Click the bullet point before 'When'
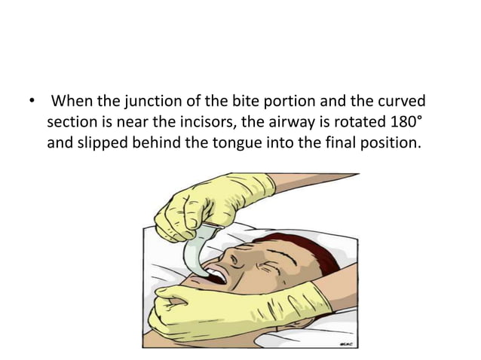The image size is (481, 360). coord(30,101)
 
